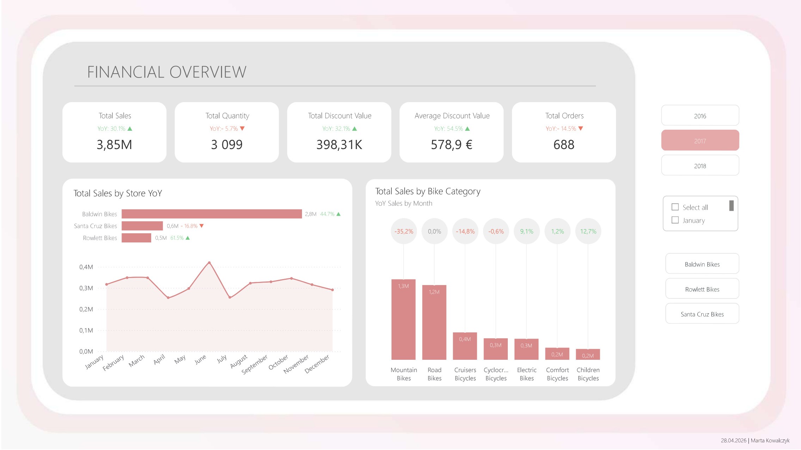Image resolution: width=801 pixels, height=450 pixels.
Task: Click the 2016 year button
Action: (x=700, y=116)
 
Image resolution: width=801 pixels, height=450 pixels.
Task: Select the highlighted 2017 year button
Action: (x=700, y=141)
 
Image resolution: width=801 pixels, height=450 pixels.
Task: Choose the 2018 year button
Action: (x=700, y=166)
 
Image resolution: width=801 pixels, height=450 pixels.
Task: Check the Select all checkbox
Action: (x=675, y=207)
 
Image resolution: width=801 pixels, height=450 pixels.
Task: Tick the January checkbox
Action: (x=675, y=220)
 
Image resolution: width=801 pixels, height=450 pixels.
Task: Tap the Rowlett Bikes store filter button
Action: (x=702, y=289)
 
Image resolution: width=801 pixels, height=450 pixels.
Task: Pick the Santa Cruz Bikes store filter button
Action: (x=702, y=314)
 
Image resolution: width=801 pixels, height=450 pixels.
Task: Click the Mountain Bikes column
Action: (x=403, y=319)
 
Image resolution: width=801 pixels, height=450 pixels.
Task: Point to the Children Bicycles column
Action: (x=588, y=354)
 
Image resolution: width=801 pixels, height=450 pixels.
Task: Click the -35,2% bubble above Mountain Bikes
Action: (x=403, y=231)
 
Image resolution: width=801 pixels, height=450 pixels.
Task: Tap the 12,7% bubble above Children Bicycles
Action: (x=588, y=231)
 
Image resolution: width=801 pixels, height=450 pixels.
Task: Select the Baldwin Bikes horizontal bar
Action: (x=211, y=214)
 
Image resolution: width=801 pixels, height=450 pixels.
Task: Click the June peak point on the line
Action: (x=209, y=263)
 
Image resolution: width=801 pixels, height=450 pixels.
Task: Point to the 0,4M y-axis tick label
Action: (x=86, y=267)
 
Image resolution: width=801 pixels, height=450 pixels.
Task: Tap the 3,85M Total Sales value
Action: (x=114, y=144)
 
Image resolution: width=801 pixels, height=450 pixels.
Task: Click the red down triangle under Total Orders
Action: (x=581, y=129)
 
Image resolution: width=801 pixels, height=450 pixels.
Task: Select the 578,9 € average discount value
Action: (x=451, y=144)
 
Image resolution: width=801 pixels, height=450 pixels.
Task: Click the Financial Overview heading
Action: (x=167, y=72)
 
